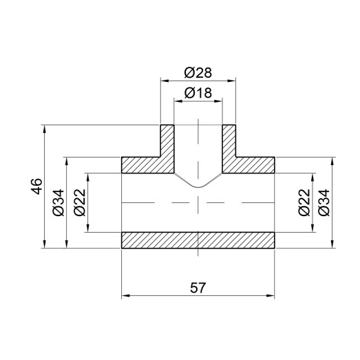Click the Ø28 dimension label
coord(198,72)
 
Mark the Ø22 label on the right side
coord(304,202)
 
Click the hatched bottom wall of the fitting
coord(198,240)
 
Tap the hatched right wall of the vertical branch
coord(229,141)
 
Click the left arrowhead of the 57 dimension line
coord(125,297)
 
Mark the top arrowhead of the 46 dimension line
coord(45,128)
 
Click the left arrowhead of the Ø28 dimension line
coord(164,81)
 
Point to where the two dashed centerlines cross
coord(198,202)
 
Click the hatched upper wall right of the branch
coord(255,165)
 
